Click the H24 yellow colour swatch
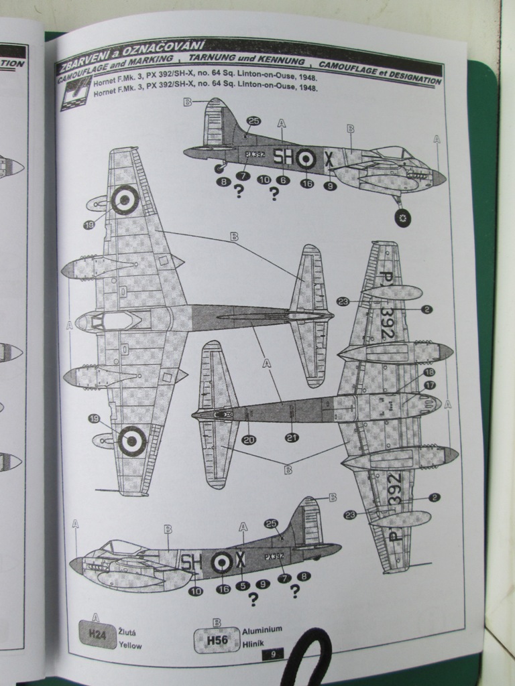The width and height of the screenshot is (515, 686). [x=97, y=634]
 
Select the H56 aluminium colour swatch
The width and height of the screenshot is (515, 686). [x=217, y=640]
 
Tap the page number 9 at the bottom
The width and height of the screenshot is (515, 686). [x=273, y=654]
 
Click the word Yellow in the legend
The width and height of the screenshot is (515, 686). [x=130, y=645]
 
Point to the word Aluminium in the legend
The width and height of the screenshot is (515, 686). [x=262, y=630]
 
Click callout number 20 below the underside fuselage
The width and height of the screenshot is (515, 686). [x=248, y=439]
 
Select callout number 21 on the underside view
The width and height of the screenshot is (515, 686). [x=292, y=437]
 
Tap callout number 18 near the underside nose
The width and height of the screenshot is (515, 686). [x=428, y=372]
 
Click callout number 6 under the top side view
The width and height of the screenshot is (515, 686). [x=284, y=180]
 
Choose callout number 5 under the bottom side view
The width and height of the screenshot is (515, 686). [x=243, y=585]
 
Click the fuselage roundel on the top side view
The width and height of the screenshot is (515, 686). [x=306, y=158]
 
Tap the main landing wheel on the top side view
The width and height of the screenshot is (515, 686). [x=402, y=217]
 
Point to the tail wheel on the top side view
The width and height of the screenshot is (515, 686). [x=219, y=169]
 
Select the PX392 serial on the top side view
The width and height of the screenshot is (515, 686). [x=255, y=153]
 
